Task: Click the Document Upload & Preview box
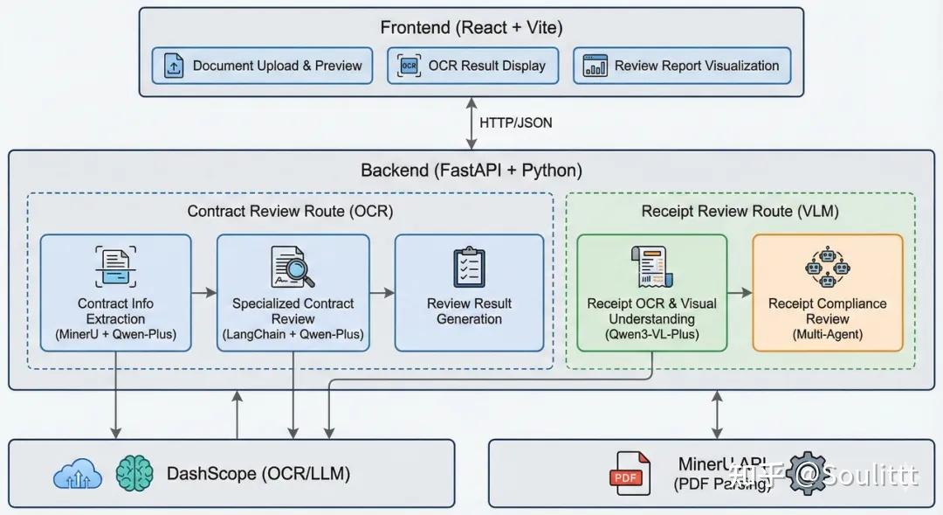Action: point(263,66)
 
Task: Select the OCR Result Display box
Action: point(472,66)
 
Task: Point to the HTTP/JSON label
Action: point(516,122)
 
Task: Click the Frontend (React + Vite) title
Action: point(471,27)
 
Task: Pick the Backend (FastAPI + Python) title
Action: point(471,170)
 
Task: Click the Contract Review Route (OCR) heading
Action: point(290,211)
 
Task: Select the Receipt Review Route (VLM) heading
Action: point(740,211)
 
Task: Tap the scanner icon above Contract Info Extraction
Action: point(115,267)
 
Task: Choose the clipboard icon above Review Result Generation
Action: point(469,267)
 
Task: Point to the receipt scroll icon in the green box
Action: point(650,266)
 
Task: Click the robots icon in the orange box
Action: point(827,267)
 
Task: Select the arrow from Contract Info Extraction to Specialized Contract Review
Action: point(204,292)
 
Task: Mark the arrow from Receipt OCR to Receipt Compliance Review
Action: point(740,293)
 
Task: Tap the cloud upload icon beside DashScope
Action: point(77,474)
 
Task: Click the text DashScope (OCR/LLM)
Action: point(258,474)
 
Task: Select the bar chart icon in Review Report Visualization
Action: point(596,66)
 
